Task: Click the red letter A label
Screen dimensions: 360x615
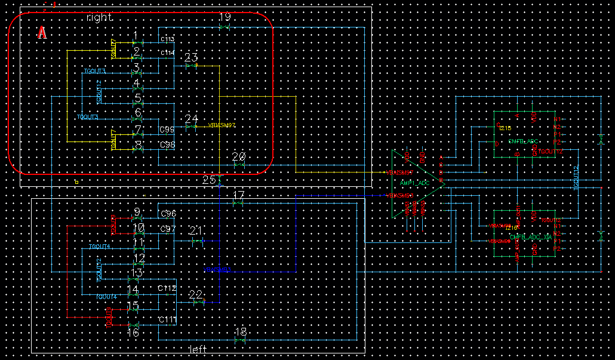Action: point(42,33)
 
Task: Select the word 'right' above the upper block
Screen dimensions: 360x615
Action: point(100,17)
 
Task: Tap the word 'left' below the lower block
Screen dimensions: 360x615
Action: point(197,349)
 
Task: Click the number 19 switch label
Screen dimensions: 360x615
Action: point(225,17)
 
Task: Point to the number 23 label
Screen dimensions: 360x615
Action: point(191,57)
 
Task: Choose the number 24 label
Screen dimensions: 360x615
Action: point(191,119)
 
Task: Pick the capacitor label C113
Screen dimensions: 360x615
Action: point(167,39)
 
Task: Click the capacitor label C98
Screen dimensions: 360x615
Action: point(167,145)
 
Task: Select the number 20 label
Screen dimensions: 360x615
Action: point(239,156)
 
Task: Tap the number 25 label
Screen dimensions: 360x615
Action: point(209,179)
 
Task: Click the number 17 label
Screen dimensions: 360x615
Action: point(239,195)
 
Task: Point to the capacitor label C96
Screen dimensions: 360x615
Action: point(167,214)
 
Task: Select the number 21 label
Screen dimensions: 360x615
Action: point(196,231)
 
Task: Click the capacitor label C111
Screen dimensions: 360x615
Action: point(167,320)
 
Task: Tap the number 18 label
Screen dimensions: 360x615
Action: point(241,331)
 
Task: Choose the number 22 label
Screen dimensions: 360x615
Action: point(196,294)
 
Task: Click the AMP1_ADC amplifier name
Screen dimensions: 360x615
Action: point(415,182)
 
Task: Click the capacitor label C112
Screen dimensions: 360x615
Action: point(167,288)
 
